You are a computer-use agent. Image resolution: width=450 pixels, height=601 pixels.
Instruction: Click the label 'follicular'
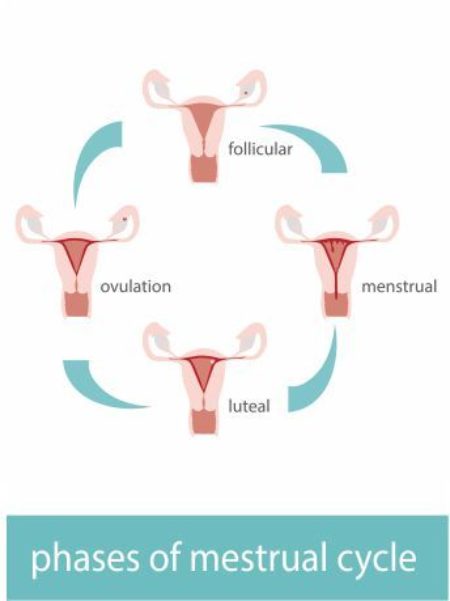[259, 150]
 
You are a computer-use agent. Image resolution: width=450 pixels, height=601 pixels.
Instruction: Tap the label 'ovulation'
[136, 286]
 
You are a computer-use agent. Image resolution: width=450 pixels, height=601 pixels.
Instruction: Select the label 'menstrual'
[399, 287]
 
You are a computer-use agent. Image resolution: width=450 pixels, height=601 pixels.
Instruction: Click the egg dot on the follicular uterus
[243, 93]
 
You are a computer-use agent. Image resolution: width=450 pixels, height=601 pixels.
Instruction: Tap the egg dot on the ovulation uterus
[123, 217]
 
